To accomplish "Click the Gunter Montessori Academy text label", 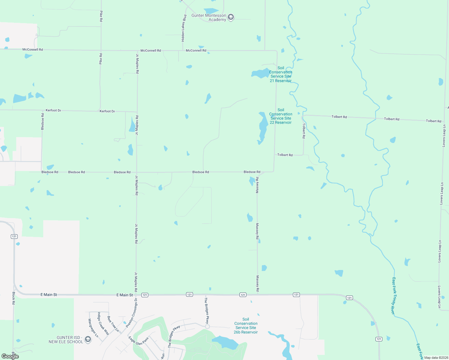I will point(209,17).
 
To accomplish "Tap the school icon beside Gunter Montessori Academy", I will point(231,17).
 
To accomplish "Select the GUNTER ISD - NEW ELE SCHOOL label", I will point(66,340).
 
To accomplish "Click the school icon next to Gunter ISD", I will point(88,339).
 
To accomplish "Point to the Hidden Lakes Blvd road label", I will point(184,28).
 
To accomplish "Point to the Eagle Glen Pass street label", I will point(139,341).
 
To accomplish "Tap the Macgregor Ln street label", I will point(93,328).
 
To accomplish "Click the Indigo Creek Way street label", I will point(103,323).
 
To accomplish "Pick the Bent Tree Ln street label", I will point(113,324).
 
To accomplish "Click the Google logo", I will point(10,356).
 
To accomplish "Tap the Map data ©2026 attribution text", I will point(436,358).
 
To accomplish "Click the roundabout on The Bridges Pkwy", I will point(207,326).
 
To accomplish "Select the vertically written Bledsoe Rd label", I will point(43,121).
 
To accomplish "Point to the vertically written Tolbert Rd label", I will point(304,130).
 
